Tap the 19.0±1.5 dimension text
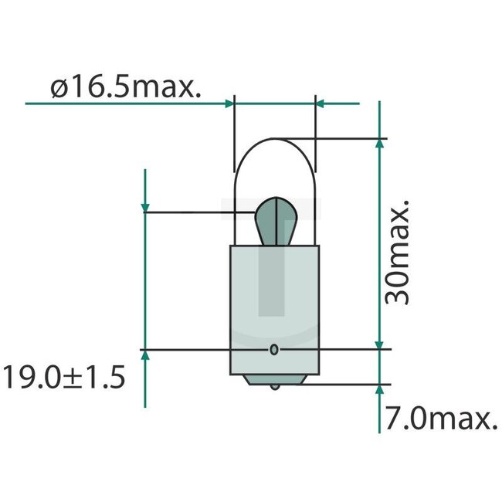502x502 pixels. point(63,378)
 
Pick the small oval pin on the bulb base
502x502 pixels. point(273,350)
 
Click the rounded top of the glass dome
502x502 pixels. point(273,143)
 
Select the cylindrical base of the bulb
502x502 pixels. point(273,309)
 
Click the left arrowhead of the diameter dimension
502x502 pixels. point(228,102)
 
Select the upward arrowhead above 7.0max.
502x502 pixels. point(378,390)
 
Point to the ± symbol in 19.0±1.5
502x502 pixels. point(76,378)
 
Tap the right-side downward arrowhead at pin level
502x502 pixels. point(378,343)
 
